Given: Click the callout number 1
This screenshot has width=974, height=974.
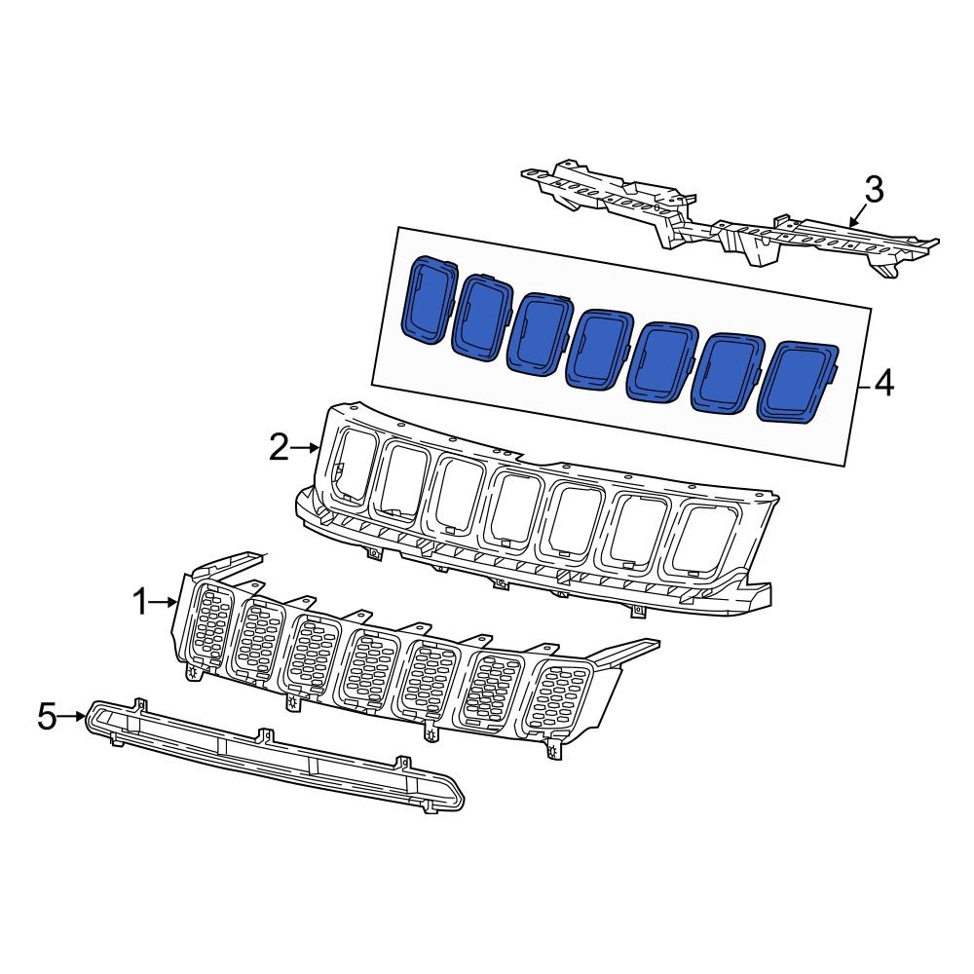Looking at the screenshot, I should click(x=141, y=604).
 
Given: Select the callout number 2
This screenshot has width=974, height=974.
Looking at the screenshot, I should click(x=280, y=448).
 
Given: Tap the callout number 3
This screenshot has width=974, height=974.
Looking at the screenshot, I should click(x=874, y=190).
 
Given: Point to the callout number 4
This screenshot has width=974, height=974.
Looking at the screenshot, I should click(x=883, y=384).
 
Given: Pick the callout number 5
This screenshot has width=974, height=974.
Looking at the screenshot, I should click(x=48, y=718).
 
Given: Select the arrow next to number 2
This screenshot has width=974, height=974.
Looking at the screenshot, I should click(x=306, y=448).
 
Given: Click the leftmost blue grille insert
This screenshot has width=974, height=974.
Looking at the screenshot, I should click(x=428, y=299).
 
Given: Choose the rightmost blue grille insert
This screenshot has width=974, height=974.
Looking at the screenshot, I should click(x=798, y=383).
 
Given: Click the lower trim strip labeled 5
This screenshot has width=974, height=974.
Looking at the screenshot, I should click(x=273, y=755).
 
